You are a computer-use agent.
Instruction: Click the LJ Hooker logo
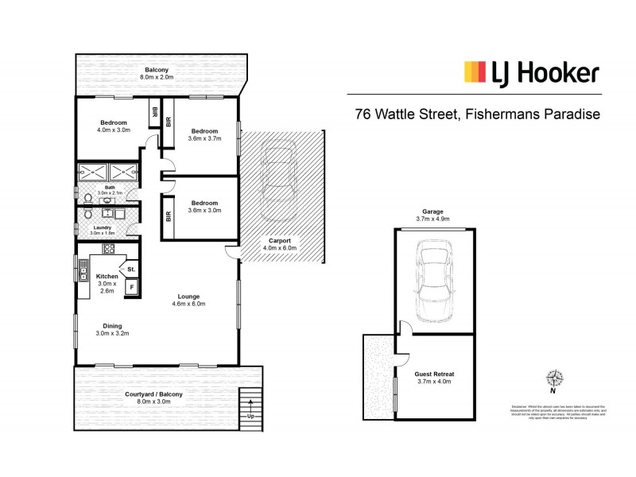(x=531, y=73)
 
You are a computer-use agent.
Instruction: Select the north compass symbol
(x=553, y=380)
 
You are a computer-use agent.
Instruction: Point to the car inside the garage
(x=434, y=281)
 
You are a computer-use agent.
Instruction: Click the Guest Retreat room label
(x=434, y=377)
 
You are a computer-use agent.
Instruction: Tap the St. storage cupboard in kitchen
(x=130, y=268)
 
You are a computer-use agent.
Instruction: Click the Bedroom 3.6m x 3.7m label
(x=204, y=134)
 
